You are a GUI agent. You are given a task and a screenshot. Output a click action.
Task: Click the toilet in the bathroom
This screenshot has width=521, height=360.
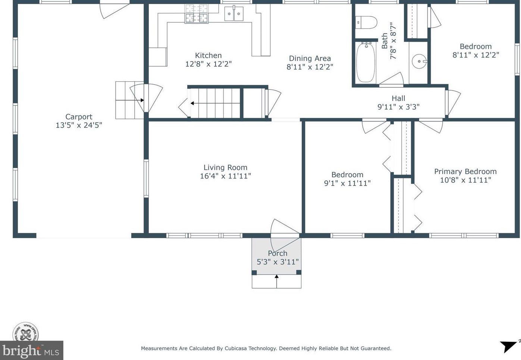coord(366,22)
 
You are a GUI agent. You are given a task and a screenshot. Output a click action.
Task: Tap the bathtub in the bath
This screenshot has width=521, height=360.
coord(365,62)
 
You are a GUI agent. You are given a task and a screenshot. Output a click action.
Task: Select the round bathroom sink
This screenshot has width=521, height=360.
coord(419,61)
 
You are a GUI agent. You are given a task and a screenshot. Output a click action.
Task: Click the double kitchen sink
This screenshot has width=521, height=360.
coord(234,14)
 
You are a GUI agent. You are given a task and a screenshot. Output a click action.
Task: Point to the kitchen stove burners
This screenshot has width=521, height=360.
coord(196,14)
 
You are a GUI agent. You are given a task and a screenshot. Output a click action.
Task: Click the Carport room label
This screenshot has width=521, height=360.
coord(79,117)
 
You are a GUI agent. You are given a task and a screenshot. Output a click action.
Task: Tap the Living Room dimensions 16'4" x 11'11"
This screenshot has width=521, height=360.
coord(225,176)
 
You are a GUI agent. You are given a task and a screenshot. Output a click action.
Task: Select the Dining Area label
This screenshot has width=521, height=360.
coord(310,59)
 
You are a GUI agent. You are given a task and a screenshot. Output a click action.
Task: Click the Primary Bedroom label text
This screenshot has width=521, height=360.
coord(465,171)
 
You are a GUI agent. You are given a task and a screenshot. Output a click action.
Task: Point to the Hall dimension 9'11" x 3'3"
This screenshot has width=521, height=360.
coord(398,107)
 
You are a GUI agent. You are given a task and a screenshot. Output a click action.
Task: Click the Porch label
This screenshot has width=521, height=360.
coord(277,253)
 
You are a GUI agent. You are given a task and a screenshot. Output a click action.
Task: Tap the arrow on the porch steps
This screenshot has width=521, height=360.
coord(277,281)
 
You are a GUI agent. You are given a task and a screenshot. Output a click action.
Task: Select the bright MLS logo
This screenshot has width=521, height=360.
coord(31,350)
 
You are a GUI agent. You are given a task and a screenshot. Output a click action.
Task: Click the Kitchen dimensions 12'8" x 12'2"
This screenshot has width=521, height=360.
coord(208,64)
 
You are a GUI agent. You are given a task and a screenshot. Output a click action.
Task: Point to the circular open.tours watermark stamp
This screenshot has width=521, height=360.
coord(26,332)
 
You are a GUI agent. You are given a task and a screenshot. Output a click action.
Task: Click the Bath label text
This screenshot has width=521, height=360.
coord(385,41)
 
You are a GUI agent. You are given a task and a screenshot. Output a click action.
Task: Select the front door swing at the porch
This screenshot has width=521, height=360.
coord(285,235)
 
